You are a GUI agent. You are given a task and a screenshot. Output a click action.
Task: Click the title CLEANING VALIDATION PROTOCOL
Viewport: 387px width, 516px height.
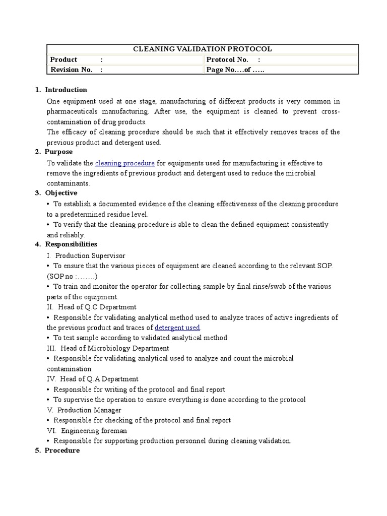(202, 49)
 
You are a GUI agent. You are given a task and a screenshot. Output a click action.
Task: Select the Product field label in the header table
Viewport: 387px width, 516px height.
(63, 59)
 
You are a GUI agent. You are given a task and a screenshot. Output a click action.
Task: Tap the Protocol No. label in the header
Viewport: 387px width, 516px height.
(227, 59)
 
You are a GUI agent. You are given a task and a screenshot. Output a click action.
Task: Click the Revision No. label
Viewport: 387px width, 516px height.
(71, 70)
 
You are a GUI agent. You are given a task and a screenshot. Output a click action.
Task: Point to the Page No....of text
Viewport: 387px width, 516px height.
(235, 70)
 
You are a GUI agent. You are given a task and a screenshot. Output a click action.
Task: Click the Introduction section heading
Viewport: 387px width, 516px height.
(66, 90)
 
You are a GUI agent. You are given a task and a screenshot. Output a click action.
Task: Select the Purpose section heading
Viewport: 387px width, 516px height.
(58, 152)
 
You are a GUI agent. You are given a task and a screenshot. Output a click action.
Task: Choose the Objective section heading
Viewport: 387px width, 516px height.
(61, 193)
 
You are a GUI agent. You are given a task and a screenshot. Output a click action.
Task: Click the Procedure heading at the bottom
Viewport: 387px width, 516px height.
(62, 450)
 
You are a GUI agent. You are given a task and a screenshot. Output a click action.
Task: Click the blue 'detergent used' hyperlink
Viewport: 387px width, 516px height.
(177, 328)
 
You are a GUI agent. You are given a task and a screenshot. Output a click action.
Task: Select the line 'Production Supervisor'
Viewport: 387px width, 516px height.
(90, 255)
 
